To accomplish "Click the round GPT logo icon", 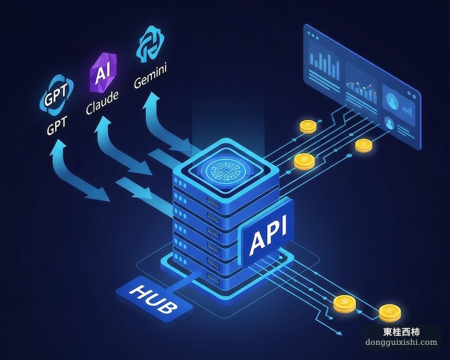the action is [x=56, y=94].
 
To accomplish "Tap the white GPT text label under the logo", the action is [x=57, y=125].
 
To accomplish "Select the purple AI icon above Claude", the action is [x=103, y=73].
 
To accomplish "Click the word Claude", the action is [x=102, y=103].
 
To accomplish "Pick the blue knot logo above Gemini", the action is [x=151, y=44].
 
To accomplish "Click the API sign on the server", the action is [x=268, y=232].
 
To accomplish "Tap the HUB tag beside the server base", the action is [x=154, y=299].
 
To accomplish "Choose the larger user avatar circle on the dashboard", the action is [x=392, y=102].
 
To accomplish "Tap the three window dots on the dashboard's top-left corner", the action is [x=313, y=35].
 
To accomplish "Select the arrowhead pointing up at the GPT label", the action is [x=58, y=147].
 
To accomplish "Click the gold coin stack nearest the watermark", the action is [x=390, y=313].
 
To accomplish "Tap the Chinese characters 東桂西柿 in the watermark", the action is [x=401, y=332].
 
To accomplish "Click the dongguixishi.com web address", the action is [x=401, y=342].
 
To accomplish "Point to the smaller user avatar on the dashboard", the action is [x=389, y=123].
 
